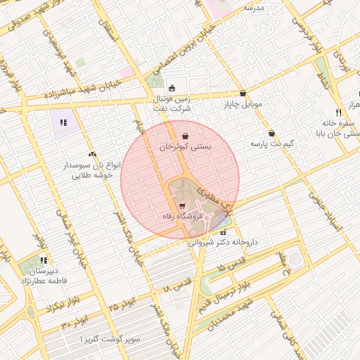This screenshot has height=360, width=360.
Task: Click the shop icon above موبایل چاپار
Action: click(243, 93)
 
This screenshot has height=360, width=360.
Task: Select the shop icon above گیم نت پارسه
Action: click(271, 133)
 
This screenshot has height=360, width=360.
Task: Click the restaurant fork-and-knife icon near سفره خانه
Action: click(338, 112)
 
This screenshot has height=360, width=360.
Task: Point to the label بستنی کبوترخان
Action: click(185, 147)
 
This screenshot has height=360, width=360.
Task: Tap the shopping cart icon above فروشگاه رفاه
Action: click(183, 206)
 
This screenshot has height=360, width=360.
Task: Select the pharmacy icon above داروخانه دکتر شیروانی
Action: click(224, 231)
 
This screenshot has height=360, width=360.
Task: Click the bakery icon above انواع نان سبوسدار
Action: click(92, 153)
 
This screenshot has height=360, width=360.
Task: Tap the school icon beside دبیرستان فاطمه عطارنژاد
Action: click(44, 260)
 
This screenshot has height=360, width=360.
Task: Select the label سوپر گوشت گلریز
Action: click(112, 340)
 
